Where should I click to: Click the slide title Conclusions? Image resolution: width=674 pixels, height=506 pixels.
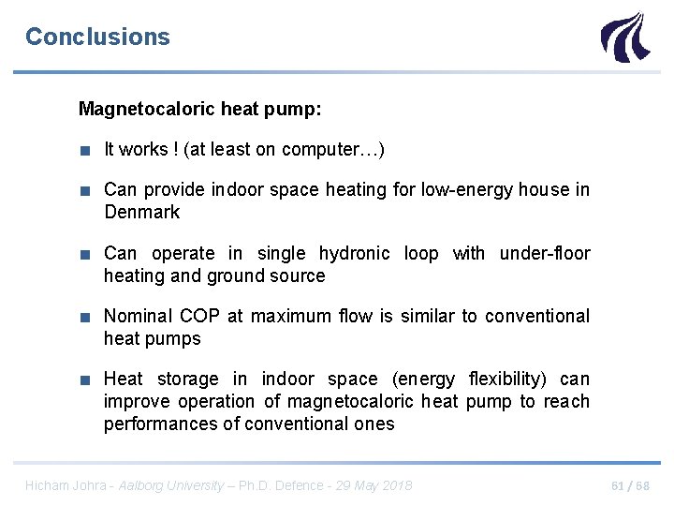tap(97, 37)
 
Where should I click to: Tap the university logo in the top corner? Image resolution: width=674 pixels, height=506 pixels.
tap(623, 37)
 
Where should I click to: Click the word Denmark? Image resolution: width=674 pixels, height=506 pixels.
tap(142, 212)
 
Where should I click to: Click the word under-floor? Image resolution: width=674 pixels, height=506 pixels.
tap(545, 253)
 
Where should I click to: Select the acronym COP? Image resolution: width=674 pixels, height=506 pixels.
tap(199, 316)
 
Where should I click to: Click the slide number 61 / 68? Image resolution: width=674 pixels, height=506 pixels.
tap(630, 484)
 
